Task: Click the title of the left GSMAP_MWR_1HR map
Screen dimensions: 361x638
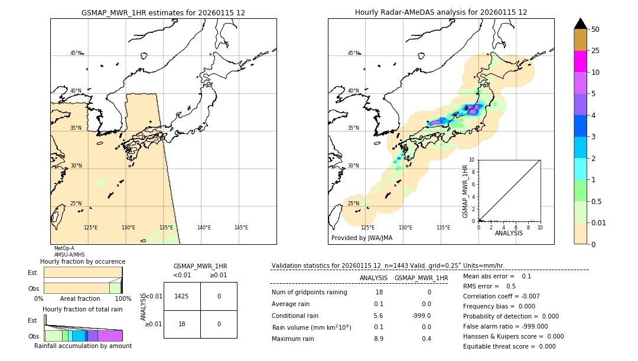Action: click(163, 12)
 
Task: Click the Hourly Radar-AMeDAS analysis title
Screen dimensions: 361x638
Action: click(441, 12)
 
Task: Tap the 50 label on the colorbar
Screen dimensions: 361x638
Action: click(595, 29)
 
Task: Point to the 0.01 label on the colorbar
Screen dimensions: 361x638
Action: click(599, 223)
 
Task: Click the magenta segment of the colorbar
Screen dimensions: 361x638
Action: click(580, 61)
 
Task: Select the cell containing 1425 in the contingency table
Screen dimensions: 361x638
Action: click(182, 296)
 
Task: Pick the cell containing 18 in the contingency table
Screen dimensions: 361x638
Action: click(182, 324)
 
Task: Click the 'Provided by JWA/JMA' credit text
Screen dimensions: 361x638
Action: click(362, 238)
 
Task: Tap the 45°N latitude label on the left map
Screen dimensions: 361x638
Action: click(76, 53)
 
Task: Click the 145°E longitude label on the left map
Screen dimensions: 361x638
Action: click(241, 228)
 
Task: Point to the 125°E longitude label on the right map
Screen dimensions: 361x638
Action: click(367, 228)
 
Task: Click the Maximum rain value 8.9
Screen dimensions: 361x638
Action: click(378, 339)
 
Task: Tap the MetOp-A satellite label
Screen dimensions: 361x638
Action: click(64, 248)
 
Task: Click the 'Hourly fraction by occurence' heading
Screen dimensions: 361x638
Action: click(83, 261)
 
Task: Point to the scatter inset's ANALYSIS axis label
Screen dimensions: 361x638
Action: click(509, 233)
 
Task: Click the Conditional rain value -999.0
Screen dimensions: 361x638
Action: click(421, 316)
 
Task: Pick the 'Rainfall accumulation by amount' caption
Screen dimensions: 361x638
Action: click(83, 346)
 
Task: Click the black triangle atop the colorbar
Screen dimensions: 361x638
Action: click(580, 24)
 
